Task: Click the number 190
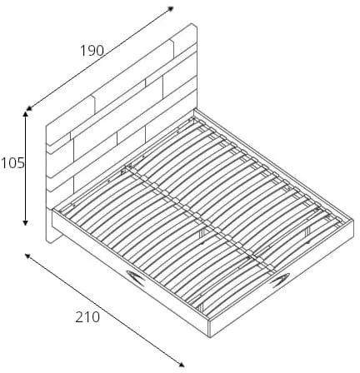(92, 51)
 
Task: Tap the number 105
(12, 163)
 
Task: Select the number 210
(87, 317)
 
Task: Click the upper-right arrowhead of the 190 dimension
(171, 8)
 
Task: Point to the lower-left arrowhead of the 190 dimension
(28, 108)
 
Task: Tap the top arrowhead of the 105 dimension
(26, 114)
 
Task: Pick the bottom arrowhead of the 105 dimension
(26, 222)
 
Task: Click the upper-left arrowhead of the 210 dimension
(27, 256)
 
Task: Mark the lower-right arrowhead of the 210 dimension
(181, 364)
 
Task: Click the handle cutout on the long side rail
(136, 277)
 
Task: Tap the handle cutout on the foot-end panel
(279, 281)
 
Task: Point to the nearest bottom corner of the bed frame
(209, 336)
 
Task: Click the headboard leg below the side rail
(54, 236)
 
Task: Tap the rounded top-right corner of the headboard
(195, 26)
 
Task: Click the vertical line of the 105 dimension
(26, 168)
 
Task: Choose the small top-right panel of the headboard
(184, 41)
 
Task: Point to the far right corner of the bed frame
(353, 221)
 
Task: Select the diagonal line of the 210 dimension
(104, 310)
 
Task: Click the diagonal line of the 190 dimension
(100, 58)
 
